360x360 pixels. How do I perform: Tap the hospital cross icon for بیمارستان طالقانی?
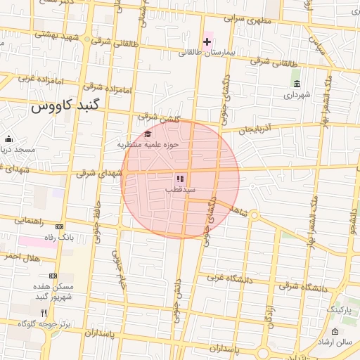click(x=207, y=41)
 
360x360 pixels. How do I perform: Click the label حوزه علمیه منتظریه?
click(x=148, y=144)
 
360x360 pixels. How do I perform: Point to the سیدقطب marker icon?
click(x=179, y=179)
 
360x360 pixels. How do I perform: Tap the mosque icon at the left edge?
click(x=8, y=139)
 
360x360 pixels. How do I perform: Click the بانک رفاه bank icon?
click(x=59, y=226)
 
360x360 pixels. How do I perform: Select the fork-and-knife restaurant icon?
click(x=44, y=312)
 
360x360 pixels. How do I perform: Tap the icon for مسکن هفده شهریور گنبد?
click(x=53, y=276)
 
